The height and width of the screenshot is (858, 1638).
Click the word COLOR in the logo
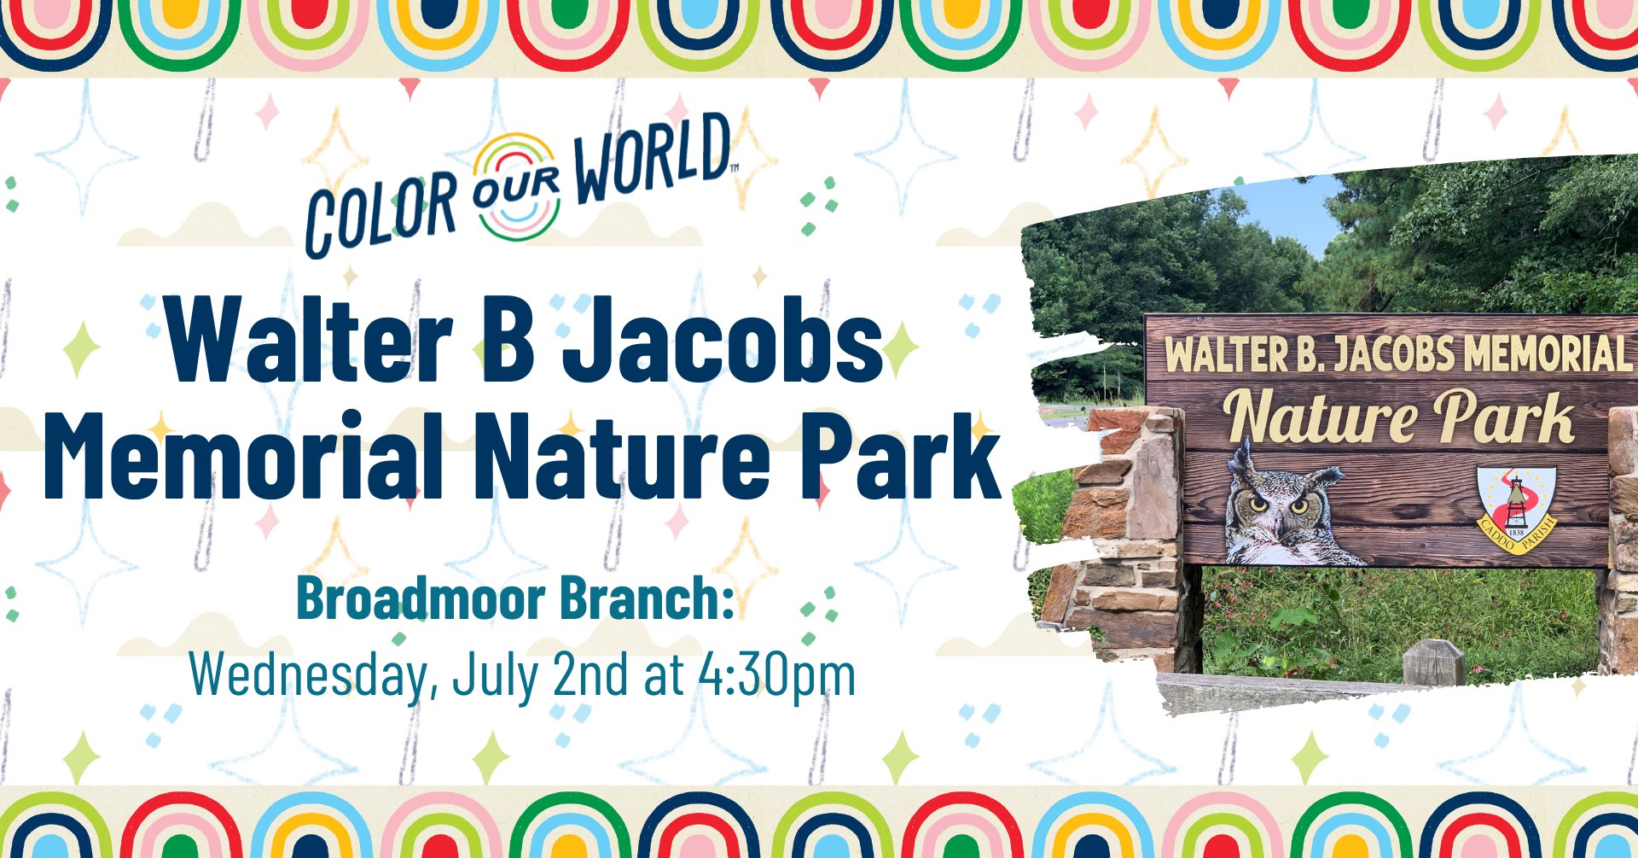click(380, 212)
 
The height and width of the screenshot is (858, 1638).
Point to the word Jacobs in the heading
click(724, 340)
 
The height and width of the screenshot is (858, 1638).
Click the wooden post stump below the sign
click(1432, 663)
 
